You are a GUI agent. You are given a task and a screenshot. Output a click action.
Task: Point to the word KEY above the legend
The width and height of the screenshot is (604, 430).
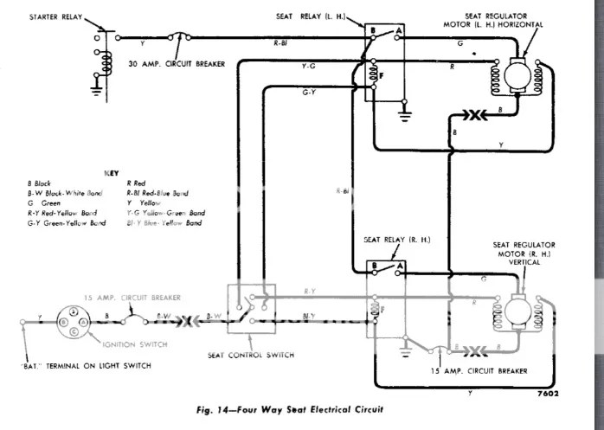tap(111, 172)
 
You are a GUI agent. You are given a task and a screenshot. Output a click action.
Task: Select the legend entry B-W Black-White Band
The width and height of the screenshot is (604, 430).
tap(66, 193)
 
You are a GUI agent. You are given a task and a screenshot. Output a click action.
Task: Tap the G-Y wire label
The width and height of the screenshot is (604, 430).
tap(308, 92)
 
